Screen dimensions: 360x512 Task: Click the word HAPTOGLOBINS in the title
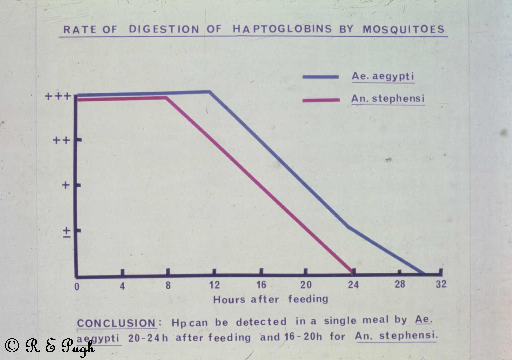pyautogui.click(x=282, y=29)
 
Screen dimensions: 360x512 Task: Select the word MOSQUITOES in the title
pyautogui.click(x=403, y=29)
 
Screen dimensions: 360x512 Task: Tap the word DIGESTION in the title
pyautogui.click(x=164, y=29)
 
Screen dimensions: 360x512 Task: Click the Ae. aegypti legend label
pyautogui.click(x=383, y=76)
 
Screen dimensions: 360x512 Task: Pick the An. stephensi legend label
pyautogui.click(x=388, y=99)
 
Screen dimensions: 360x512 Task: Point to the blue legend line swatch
pyautogui.click(x=320, y=77)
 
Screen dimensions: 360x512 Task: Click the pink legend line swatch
pyautogui.click(x=321, y=100)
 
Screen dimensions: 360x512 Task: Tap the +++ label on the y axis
pyautogui.click(x=58, y=97)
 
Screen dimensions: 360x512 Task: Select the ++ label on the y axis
pyautogui.click(x=62, y=140)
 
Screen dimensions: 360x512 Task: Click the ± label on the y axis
pyautogui.click(x=67, y=232)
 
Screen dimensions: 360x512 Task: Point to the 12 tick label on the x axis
pyautogui.click(x=214, y=285)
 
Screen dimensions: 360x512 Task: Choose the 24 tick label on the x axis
pyautogui.click(x=353, y=285)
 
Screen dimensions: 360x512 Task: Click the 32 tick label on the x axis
pyautogui.click(x=441, y=284)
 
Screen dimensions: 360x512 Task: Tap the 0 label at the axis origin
pyautogui.click(x=77, y=287)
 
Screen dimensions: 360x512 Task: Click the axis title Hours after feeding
pyautogui.click(x=270, y=299)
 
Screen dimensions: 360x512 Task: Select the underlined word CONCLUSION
pyautogui.click(x=116, y=323)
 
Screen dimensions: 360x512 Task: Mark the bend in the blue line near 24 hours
pyautogui.click(x=348, y=227)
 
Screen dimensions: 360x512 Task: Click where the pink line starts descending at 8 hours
pyautogui.click(x=166, y=98)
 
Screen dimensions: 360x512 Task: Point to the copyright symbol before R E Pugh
pyautogui.click(x=12, y=346)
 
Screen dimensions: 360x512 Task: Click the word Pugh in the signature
pyautogui.click(x=78, y=347)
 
